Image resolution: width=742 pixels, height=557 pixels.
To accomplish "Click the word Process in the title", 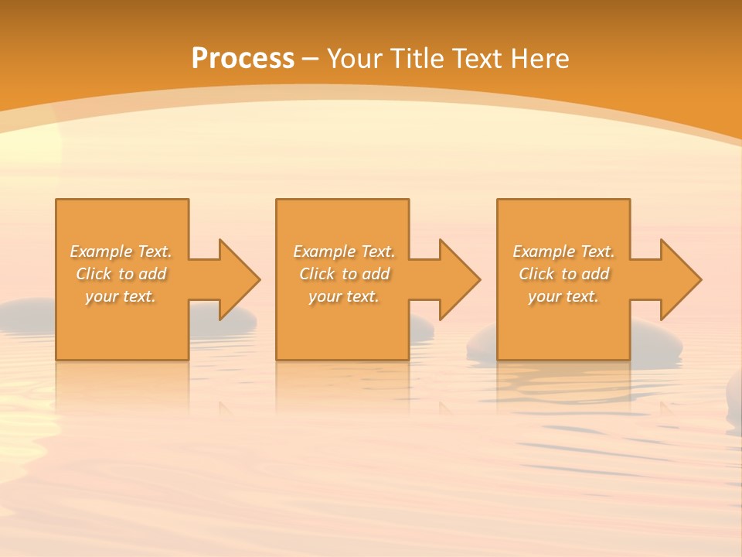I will pyautogui.click(x=243, y=59).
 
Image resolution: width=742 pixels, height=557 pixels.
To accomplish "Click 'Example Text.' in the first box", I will pyautogui.click(x=121, y=251).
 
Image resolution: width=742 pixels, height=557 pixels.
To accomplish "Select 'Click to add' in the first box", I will pyautogui.click(x=121, y=274).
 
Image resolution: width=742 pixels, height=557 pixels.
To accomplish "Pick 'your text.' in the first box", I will pyautogui.click(x=121, y=296).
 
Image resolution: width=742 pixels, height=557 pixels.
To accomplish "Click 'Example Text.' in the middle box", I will pyautogui.click(x=344, y=251).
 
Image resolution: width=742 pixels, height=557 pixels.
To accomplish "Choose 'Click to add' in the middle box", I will pyautogui.click(x=344, y=274).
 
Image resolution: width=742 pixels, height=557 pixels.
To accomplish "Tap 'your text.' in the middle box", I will pyautogui.click(x=344, y=296).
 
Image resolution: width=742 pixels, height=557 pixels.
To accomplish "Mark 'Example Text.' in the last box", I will pyautogui.click(x=563, y=251).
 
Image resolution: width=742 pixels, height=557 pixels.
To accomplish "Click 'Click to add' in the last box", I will pyautogui.click(x=563, y=274).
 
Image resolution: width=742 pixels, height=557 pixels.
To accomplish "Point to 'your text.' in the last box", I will pyautogui.click(x=563, y=296).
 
